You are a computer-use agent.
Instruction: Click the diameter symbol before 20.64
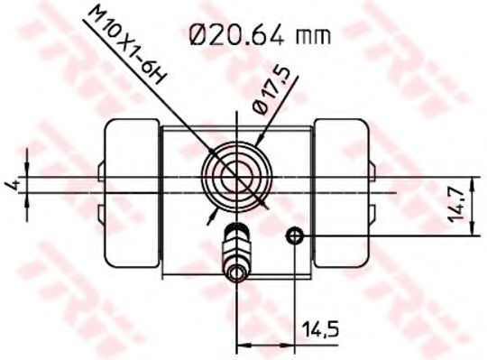tap(200, 36)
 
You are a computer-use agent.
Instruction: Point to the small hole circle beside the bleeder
tap(294, 236)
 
